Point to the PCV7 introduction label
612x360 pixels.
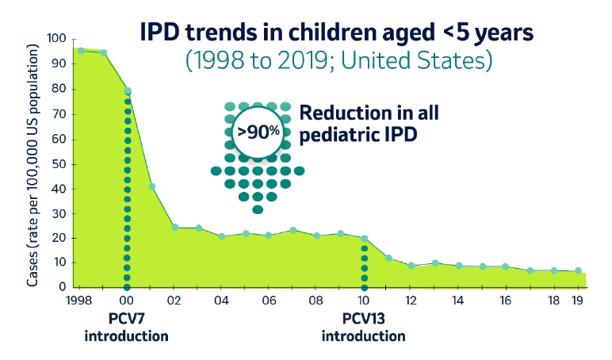pos(127,327)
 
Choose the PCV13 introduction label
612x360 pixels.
pos(364,327)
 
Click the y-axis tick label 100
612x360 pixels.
pos(56,39)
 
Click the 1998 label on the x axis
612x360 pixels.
pos(80,302)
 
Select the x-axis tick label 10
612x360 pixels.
pos(364,302)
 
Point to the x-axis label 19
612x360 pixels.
pos(578,302)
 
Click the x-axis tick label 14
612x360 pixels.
pos(459,302)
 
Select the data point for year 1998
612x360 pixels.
pos(80,51)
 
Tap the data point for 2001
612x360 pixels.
pos(151,186)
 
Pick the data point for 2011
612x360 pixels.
pos(388,258)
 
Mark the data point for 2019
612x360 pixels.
pos(578,271)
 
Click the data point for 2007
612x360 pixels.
pos(293,230)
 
